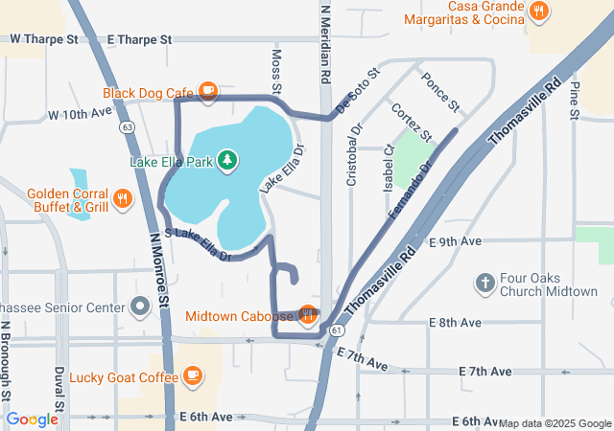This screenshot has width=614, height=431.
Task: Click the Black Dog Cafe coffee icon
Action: click(x=207, y=92)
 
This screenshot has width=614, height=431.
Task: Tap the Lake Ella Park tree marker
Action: click(x=227, y=161)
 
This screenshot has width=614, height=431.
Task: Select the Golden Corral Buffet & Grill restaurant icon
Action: click(x=122, y=199)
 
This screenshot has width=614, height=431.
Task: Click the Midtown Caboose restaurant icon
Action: click(x=307, y=314)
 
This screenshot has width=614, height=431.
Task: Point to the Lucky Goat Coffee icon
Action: click(x=192, y=374)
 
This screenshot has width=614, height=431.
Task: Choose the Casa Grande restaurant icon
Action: click(x=539, y=11)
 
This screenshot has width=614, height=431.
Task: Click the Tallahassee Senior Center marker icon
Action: click(x=140, y=307)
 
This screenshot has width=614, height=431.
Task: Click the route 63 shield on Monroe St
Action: click(x=127, y=125)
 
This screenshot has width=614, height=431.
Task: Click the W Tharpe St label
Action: click(x=44, y=39)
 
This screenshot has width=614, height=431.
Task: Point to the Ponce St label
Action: click(x=441, y=90)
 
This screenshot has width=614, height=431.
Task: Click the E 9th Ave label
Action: click(x=456, y=242)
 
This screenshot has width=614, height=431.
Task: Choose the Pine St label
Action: click(x=574, y=101)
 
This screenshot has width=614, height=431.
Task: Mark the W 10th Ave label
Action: click(x=81, y=114)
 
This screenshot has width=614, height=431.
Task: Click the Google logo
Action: click(x=33, y=420)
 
